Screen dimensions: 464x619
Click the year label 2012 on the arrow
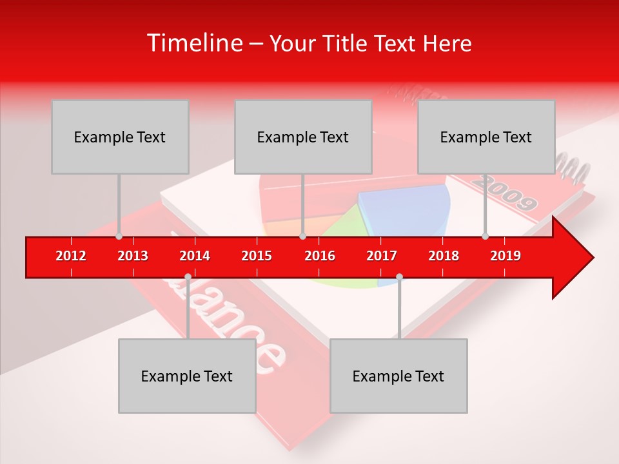[71, 256]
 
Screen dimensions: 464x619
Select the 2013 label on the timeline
[133, 256]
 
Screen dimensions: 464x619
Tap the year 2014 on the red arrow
[195, 256]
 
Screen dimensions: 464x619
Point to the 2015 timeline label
[257, 256]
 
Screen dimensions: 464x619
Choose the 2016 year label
[320, 256]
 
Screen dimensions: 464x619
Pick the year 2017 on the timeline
[382, 256]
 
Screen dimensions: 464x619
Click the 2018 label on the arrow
[444, 256]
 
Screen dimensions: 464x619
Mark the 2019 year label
[506, 256]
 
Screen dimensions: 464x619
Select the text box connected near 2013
[120, 137]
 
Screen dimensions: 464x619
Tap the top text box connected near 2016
[303, 137]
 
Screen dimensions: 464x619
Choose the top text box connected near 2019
[486, 137]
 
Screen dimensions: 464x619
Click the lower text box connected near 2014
[187, 376]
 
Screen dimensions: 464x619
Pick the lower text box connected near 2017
[398, 376]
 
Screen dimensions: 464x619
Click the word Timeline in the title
[193, 43]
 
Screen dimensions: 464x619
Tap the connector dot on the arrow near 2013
[119, 236]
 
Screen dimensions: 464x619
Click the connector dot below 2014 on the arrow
[188, 276]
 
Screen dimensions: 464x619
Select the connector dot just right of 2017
[399, 276]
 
